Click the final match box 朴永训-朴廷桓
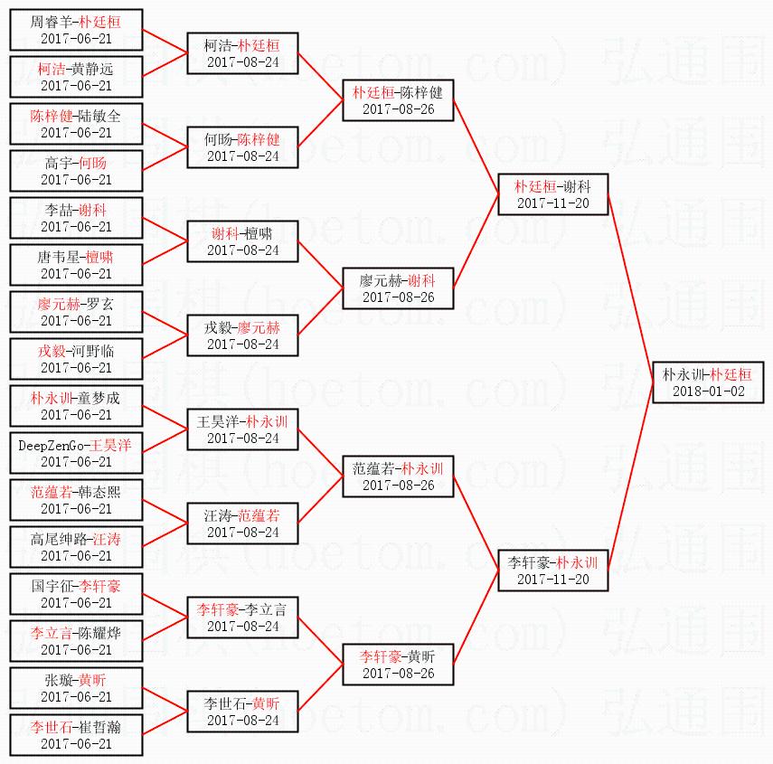[x=707, y=382]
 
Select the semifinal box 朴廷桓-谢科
[x=552, y=193]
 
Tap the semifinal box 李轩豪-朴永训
[x=552, y=570]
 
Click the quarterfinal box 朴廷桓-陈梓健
[x=398, y=99]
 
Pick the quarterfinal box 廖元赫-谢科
[x=398, y=288]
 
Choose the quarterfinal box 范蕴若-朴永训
[x=398, y=476]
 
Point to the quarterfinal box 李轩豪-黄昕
[x=398, y=664]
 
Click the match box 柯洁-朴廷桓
[x=242, y=52]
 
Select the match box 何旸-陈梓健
[x=242, y=146]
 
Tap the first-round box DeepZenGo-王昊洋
[x=76, y=452]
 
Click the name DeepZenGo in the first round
[x=51, y=445]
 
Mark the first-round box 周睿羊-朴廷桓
[x=76, y=29]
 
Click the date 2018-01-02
[x=707, y=391]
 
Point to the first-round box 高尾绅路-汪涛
[x=76, y=546]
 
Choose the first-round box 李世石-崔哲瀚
[x=76, y=734]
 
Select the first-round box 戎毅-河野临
[x=76, y=358]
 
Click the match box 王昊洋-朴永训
[x=242, y=429]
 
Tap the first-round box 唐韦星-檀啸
[x=76, y=264]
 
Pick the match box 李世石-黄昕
[x=242, y=711]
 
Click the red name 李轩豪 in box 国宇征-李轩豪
[x=99, y=586]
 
